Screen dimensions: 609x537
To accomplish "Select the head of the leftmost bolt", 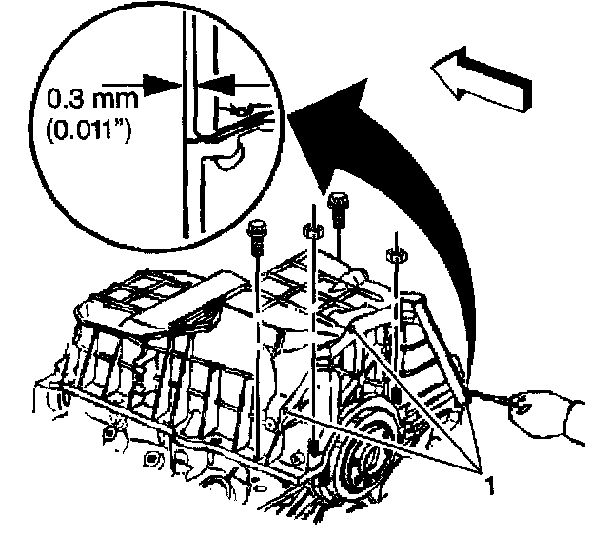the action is pyautogui.click(x=256, y=230).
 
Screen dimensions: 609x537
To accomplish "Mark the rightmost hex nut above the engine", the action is pyautogui.click(x=392, y=254).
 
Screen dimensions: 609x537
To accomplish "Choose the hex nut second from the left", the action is pyautogui.click(x=309, y=229).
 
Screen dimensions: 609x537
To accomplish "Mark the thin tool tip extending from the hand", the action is pyautogui.click(x=494, y=400).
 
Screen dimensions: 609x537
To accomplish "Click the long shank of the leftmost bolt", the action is pyautogui.click(x=257, y=343).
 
